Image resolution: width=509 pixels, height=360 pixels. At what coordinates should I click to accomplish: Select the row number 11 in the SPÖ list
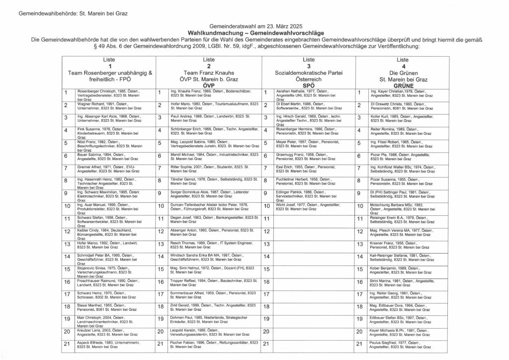266,218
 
